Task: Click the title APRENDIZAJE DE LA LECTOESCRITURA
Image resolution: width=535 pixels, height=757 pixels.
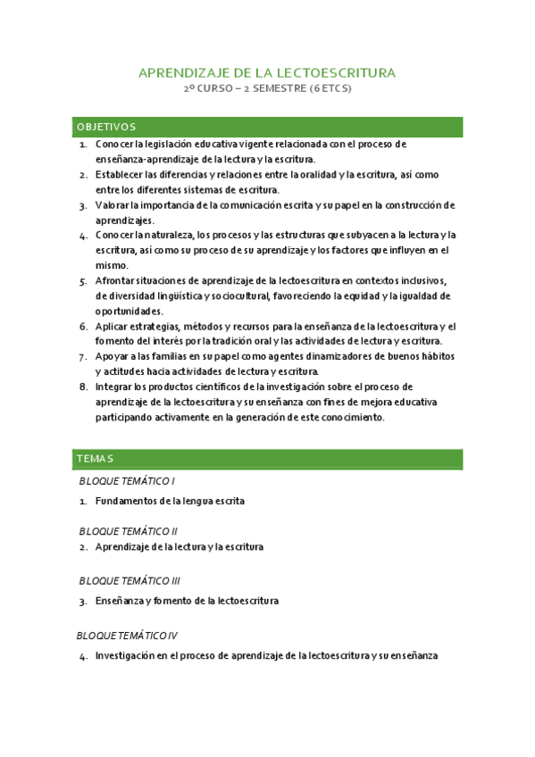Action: pos(267,72)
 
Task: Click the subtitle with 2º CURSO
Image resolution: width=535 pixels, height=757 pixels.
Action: pos(267,90)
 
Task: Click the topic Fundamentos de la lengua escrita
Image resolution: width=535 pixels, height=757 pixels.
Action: pos(170,501)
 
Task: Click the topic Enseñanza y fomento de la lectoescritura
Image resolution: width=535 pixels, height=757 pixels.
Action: pos(187,601)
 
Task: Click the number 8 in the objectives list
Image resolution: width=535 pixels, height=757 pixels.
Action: pos(83,387)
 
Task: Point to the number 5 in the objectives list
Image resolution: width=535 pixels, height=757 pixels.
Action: pos(83,280)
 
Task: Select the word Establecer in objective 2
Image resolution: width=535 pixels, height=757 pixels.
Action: pos(119,174)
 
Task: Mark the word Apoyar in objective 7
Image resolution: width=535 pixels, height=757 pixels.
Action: pos(112,356)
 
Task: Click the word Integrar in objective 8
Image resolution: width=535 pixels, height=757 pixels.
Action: pos(114,387)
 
